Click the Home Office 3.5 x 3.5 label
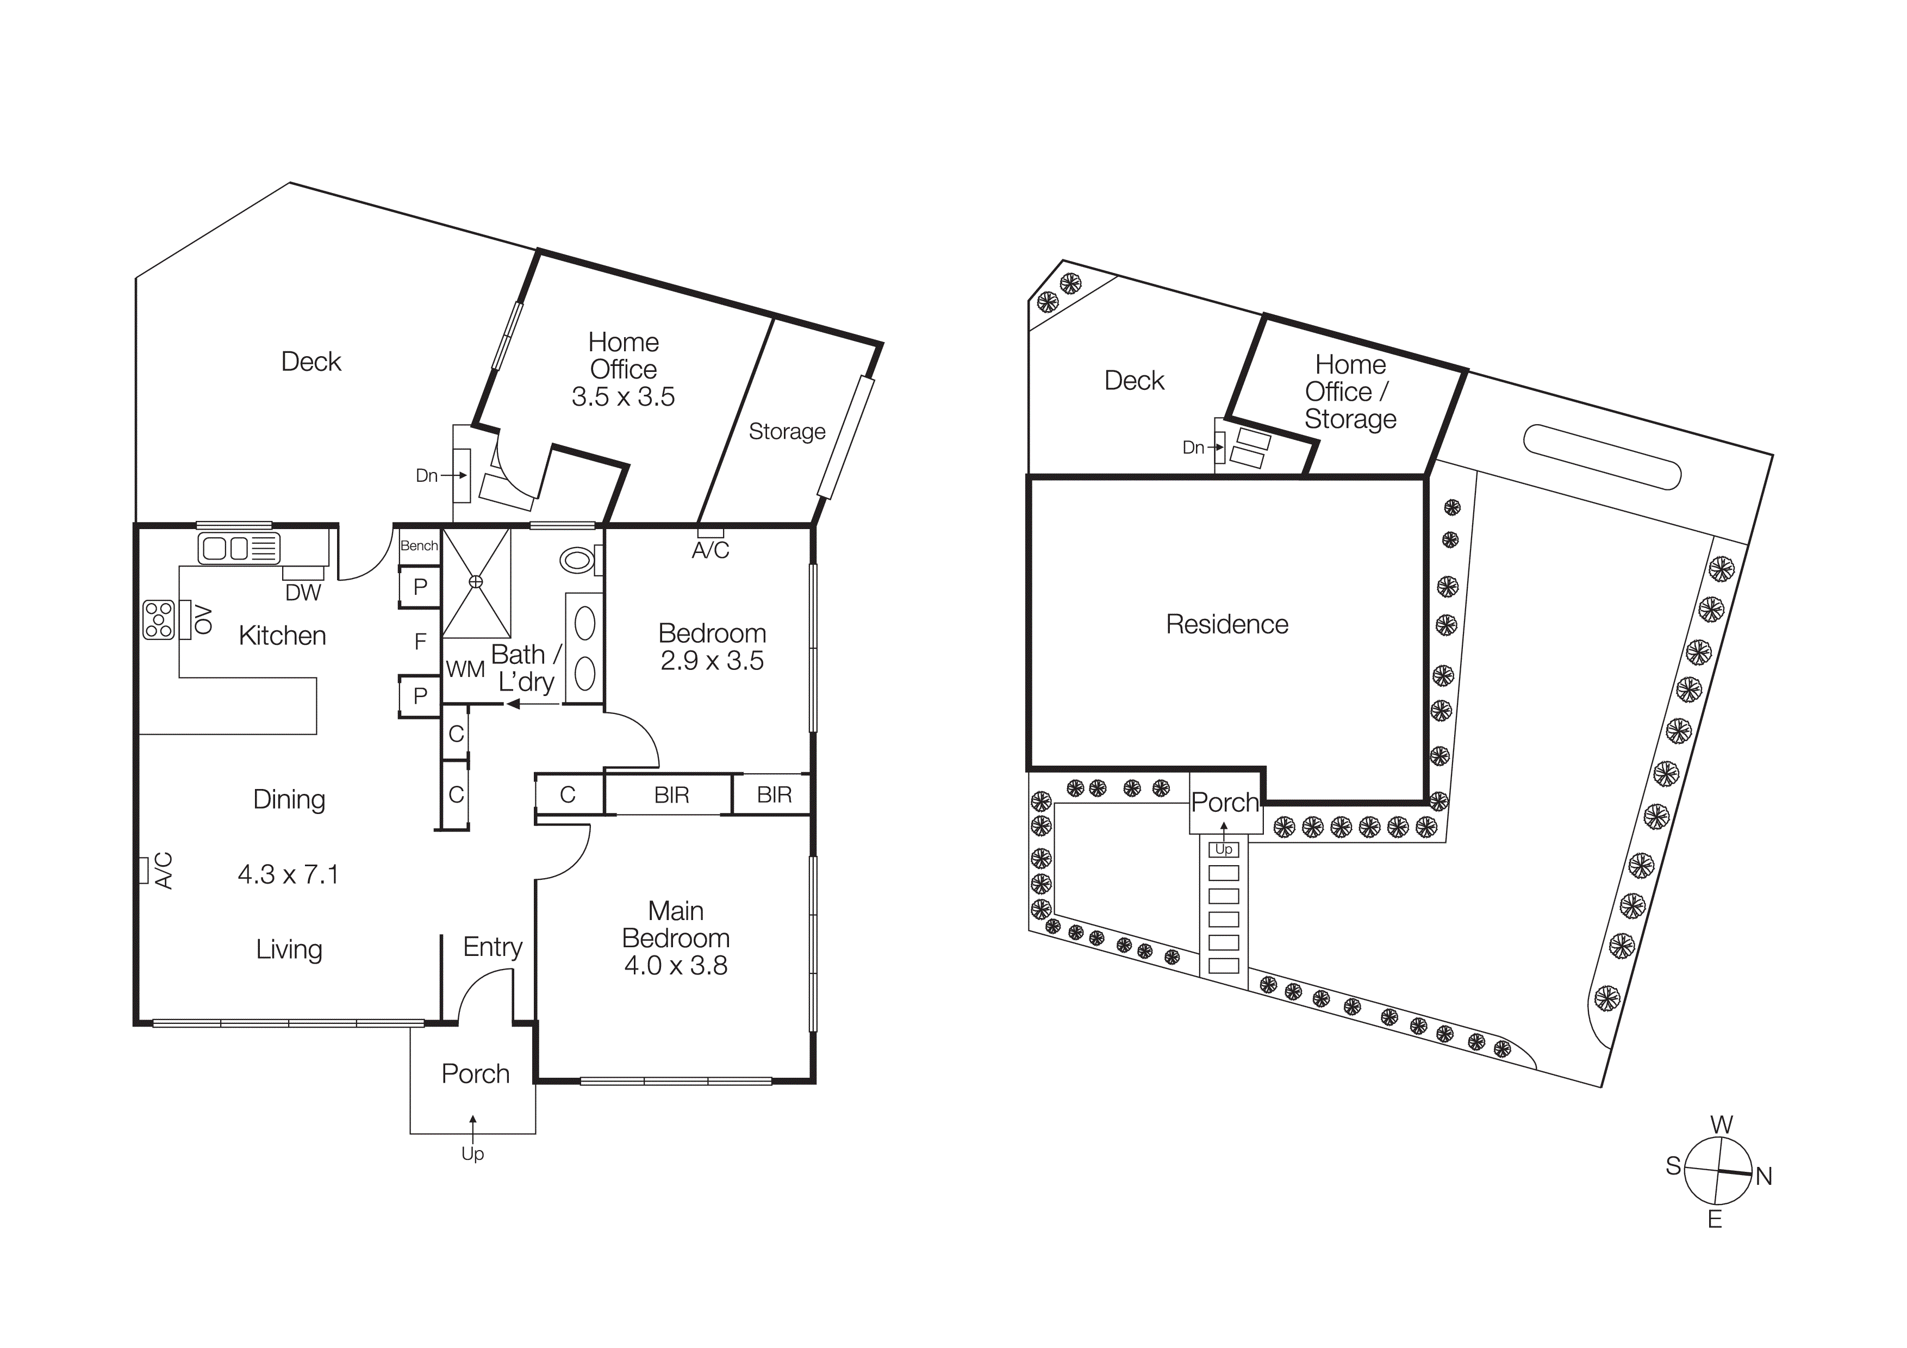click(x=623, y=370)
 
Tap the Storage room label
click(x=787, y=432)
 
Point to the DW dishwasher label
click(x=303, y=592)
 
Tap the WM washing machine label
click(x=465, y=669)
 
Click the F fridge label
click(x=420, y=641)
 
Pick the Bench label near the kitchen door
click(x=419, y=546)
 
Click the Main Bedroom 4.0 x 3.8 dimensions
click(x=676, y=966)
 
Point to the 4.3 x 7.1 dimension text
click(x=288, y=874)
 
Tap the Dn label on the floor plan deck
click(x=427, y=476)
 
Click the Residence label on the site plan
click(x=1227, y=625)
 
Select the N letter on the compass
click(x=1764, y=1177)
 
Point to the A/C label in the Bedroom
click(x=710, y=550)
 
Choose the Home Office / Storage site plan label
click(x=1350, y=392)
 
